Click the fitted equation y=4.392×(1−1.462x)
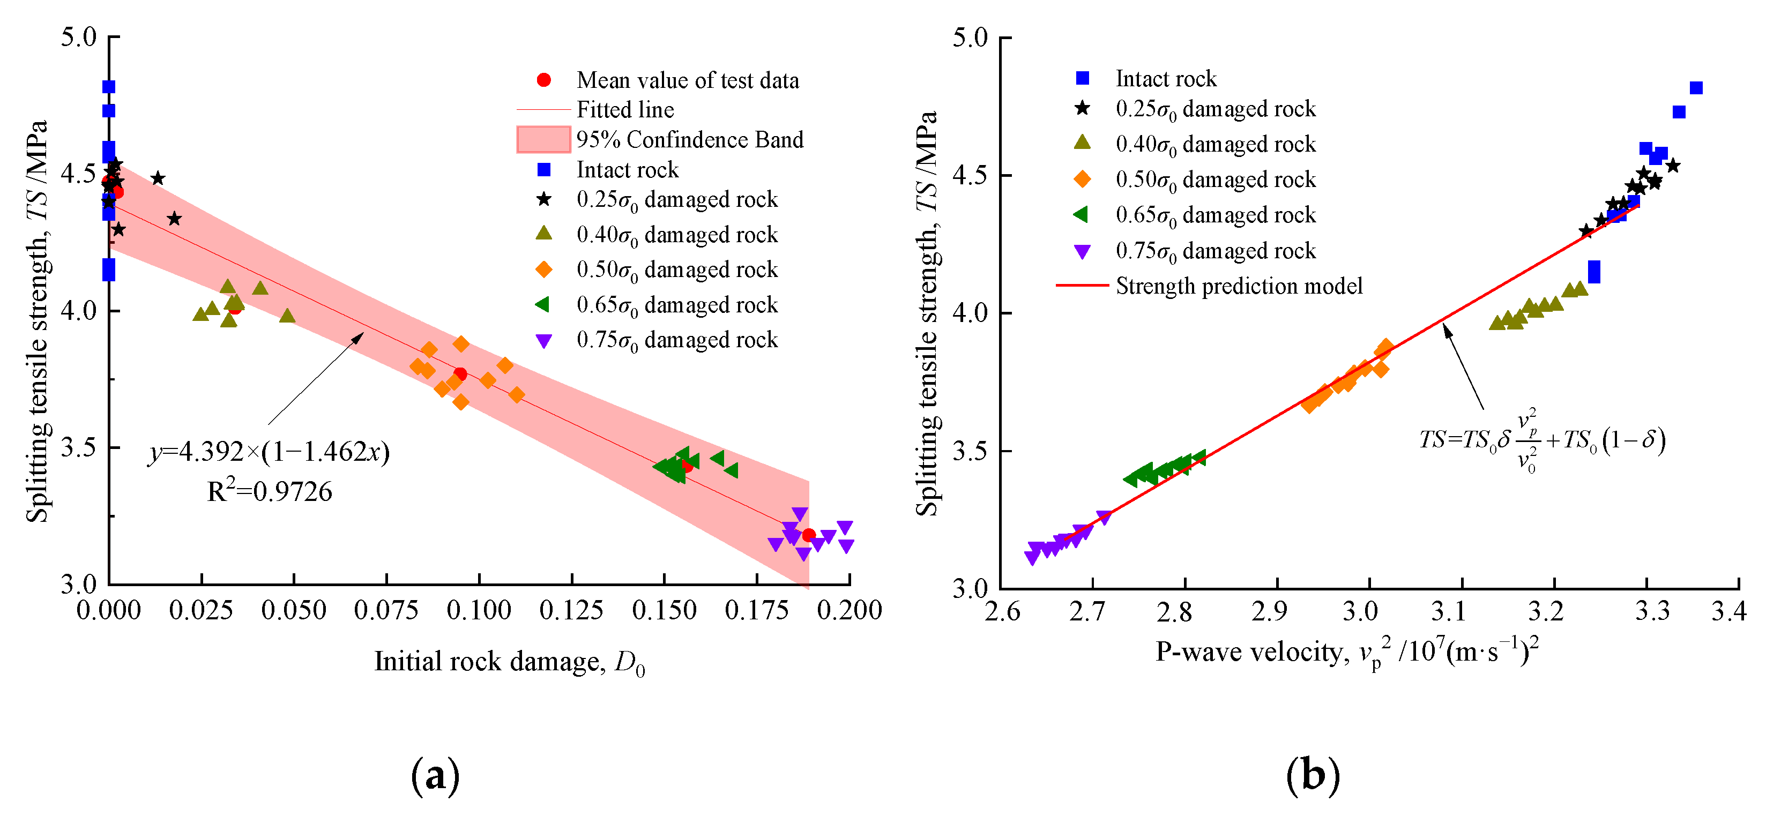click(269, 452)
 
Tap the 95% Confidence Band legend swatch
click(543, 139)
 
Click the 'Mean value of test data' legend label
click(687, 80)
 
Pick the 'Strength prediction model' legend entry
click(1238, 286)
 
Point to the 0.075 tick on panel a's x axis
click(386, 610)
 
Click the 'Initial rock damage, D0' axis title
click(509, 662)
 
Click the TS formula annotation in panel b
click(1541, 440)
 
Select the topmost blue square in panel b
click(1696, 88)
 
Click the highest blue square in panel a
click(108, 86)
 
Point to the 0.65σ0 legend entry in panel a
click(676, 305)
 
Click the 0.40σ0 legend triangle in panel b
click(1083, 143)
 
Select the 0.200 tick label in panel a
click(849, 610)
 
